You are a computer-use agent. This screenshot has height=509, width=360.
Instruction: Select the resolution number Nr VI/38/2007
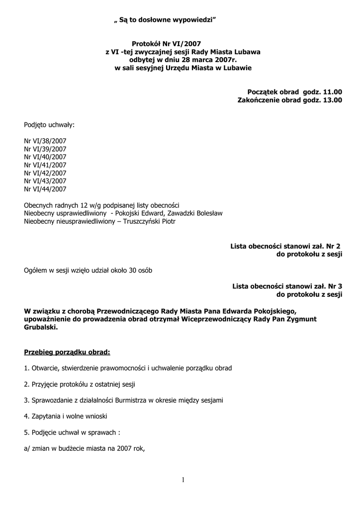45,141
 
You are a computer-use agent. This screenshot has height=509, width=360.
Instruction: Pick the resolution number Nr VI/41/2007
45,165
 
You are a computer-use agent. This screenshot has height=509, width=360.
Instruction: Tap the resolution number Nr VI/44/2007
45,189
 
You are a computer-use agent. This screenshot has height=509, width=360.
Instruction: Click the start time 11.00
333,92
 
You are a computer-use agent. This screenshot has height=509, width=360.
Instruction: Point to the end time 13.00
333,100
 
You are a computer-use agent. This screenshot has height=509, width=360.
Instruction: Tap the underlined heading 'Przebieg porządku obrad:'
67,352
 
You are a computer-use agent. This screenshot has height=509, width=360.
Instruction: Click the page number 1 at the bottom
183,480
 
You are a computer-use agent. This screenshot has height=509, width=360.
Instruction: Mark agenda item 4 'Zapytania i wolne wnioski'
66,416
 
